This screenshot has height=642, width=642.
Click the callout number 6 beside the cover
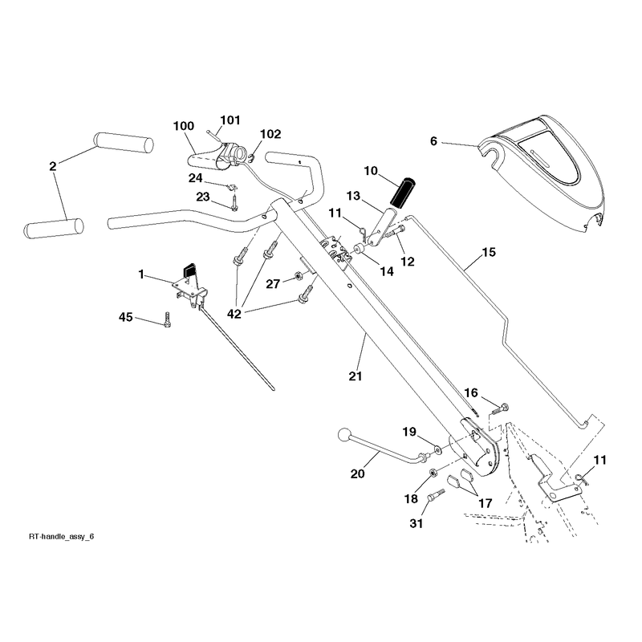[x=433, y=141]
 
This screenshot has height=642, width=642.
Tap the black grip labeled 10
[x=403, y=192]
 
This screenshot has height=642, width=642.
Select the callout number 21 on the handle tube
[x=356, y=376]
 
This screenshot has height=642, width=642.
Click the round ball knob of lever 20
[x=344, y=434]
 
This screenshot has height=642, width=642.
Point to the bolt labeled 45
[x=167, y=319]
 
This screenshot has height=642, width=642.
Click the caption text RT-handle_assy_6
[x=62, y=536]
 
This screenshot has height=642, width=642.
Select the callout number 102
[x=270, y=134]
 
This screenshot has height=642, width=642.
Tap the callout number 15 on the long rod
[x=489, y=252]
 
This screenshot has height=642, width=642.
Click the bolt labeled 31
[x=436, y=494]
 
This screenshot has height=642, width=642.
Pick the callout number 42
[x=234, y=314]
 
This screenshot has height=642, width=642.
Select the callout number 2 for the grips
[x=52, y=167]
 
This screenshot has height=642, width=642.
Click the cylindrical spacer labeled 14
[x=360, y=249]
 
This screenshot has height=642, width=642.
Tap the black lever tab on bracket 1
[x=189, y=270]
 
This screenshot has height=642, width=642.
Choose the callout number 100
[x=184, y=126]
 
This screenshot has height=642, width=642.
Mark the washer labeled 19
[x=438, y=450]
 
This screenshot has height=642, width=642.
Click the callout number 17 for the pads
[x=485, y=503]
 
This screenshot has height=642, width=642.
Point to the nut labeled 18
[x=433, y=473]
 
